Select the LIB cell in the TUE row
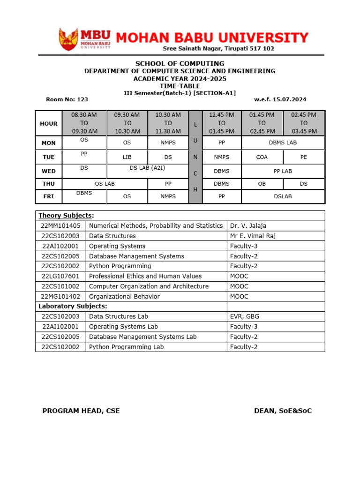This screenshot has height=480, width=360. (x=127, y=157)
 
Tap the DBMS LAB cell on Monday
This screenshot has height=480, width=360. (x=283, y=143)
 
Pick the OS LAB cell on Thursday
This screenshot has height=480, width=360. (x=105, y=184)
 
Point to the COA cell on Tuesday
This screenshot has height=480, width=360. (x=262, y=157)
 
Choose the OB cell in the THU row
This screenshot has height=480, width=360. (x=262, y=184)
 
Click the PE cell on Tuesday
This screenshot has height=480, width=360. (x=304, y=157)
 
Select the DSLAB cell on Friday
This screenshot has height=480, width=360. (x=283, y=196)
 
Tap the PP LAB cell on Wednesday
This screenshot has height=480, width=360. (x=283, y=171)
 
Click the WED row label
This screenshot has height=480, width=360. (x=49, y=171)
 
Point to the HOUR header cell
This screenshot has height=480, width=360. (x=49, y=124)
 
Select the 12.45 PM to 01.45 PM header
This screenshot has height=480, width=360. (x=221, y=123)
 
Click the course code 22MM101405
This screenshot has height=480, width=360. (x=60, y=226)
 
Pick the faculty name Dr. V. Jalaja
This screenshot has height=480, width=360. (x=248, y=226)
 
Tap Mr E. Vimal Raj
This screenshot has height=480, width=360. (x=253, y=236)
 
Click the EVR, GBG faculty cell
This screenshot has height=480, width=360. (x=244, y=316)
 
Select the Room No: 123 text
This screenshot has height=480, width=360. (x=67, y=99)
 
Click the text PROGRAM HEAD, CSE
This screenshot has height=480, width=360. (x=81, y=411)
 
